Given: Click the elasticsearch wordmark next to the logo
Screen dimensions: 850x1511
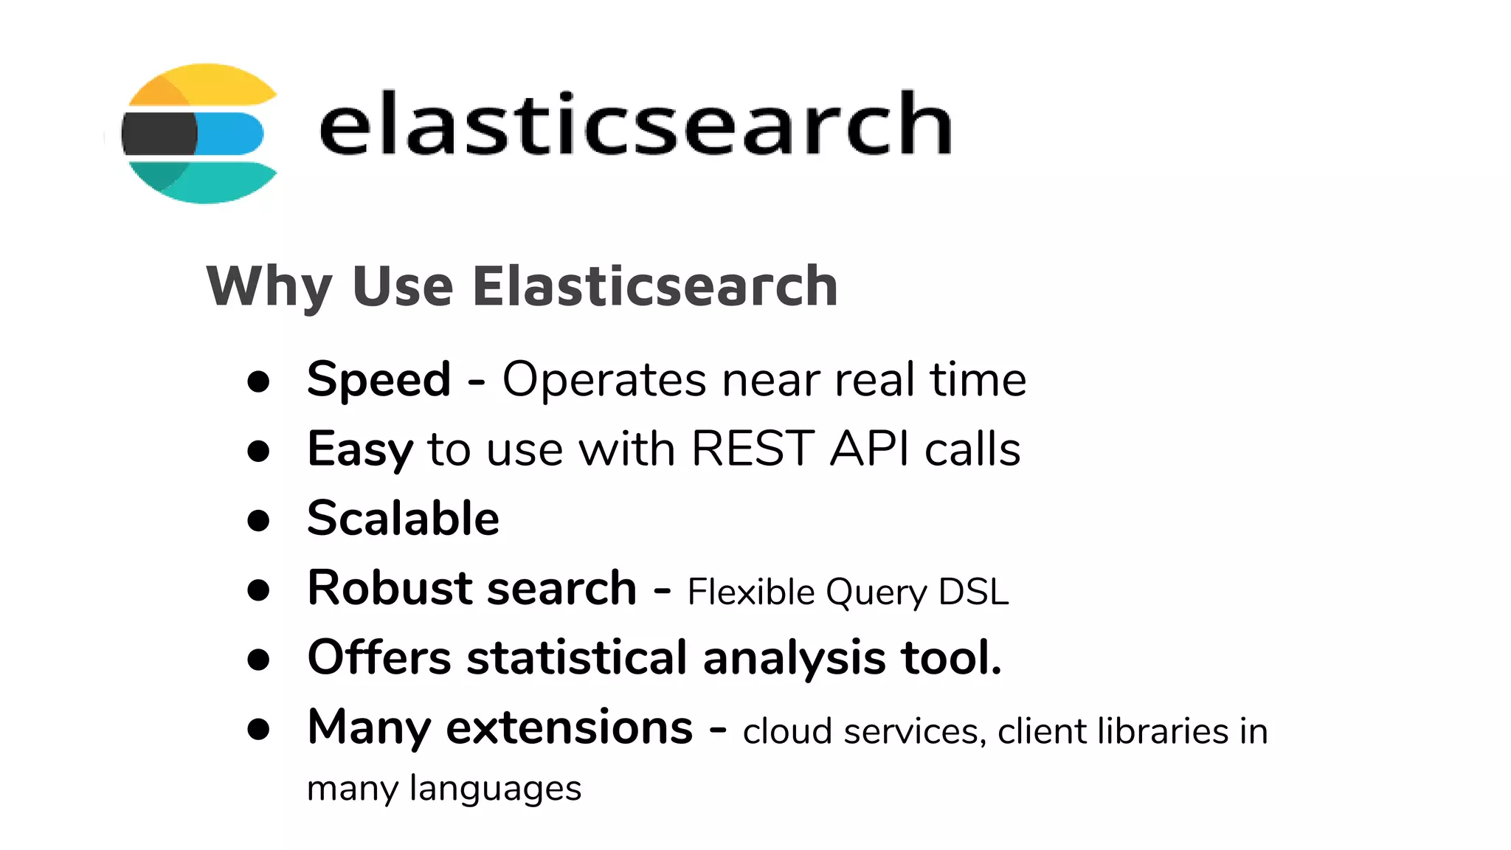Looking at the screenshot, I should (635, 124).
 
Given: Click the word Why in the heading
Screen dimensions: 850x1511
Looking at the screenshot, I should (269, 286).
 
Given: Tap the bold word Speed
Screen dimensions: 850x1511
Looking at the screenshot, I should (378, 380).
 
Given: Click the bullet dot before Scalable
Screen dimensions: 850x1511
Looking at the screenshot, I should (258, 519).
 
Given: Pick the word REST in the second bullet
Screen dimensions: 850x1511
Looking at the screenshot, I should (753, 449).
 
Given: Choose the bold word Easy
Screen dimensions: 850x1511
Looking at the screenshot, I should (360, 450).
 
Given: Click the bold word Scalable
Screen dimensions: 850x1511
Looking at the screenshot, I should (403, 518).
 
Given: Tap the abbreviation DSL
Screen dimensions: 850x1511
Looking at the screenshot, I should (973, 592).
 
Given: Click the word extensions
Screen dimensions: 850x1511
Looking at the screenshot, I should (570, 728).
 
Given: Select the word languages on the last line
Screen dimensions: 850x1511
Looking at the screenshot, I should (495, 789).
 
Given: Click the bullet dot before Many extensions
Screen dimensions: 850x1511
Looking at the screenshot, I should (258, 729).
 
